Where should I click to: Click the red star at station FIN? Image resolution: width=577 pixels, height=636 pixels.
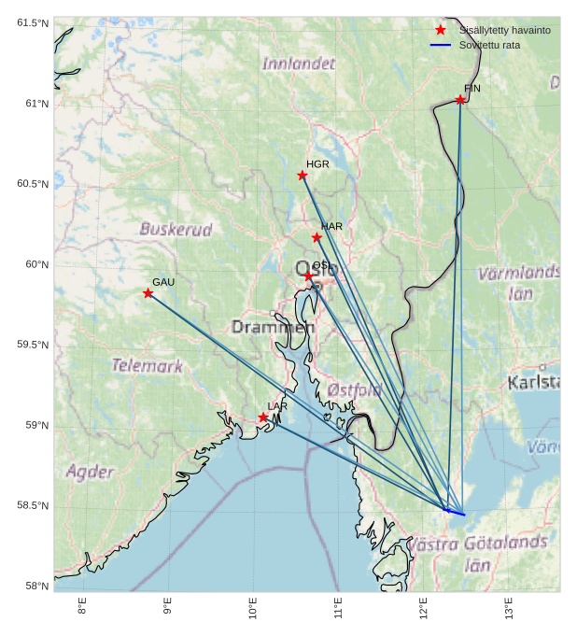tap(460, 100)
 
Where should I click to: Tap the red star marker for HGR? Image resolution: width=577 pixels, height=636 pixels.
tap(303, 176)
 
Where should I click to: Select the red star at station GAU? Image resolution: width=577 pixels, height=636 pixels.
tap(148, 293)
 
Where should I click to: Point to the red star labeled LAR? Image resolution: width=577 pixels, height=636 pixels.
tap(263, 417)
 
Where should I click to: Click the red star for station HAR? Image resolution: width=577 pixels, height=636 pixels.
tap(317, 237)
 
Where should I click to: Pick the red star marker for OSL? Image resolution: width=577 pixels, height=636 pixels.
tap(308, 276)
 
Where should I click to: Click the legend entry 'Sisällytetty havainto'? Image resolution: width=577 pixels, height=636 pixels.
tap(504, 30)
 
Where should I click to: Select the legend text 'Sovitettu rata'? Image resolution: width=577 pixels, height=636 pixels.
tap(489, 45)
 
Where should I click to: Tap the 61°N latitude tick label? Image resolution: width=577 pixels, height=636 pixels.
tap(33, 104)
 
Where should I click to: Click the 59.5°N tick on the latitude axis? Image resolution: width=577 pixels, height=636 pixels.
tap(33, 345)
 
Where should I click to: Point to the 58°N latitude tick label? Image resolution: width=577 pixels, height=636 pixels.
tap(35, 587)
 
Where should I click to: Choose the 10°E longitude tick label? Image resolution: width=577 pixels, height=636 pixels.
tap(253, 608)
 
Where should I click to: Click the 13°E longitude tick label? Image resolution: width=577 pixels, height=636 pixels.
tap(509, 608)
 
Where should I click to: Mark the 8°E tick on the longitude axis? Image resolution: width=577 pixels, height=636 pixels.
tap(82, 608)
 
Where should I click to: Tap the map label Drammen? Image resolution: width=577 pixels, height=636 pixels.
tap(273, 328)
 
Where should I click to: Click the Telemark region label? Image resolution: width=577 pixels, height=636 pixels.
tap(148, 366)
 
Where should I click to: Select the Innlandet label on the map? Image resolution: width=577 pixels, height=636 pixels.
tap(298, 64)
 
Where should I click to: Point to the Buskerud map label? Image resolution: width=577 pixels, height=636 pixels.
tap(176, 229)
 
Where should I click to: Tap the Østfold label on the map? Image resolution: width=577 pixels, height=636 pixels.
tap(355, 389)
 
